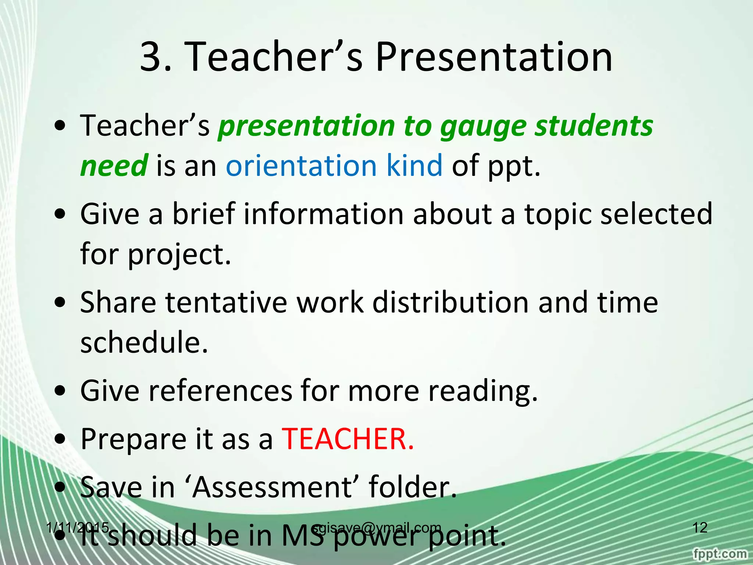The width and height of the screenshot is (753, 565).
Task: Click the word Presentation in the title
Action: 493,57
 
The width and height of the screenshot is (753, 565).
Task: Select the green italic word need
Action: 114,166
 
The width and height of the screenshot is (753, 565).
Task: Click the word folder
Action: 413,487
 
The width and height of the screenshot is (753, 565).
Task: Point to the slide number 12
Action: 700,527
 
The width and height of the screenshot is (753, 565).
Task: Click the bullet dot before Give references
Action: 60,391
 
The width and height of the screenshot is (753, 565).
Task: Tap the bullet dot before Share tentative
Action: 60,302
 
